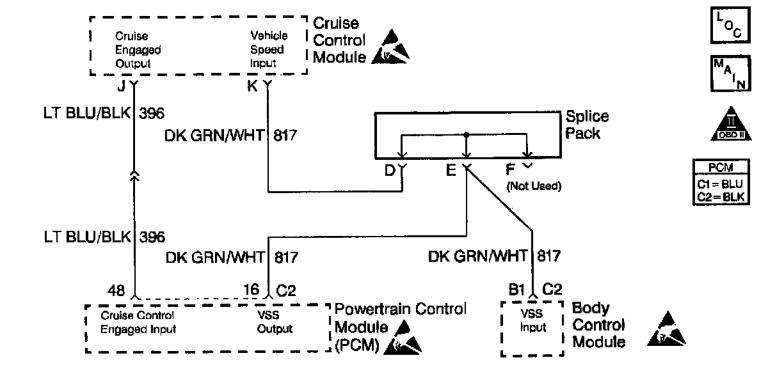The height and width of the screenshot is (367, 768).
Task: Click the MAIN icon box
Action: click(x=730, y=74)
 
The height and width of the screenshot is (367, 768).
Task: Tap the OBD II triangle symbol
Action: click(x=730, y=124)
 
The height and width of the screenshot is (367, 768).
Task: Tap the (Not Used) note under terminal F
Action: click(x=533, y=187)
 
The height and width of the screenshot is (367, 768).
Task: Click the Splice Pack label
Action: click(x=588, y=125)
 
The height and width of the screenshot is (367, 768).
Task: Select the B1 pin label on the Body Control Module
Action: click(x=517, y=290)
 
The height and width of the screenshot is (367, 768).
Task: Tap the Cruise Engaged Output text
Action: click(x=138, y=50)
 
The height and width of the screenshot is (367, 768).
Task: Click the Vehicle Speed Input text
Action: click(x=268, y=50)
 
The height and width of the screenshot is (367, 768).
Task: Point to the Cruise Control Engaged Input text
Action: click(x=138, y=322)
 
